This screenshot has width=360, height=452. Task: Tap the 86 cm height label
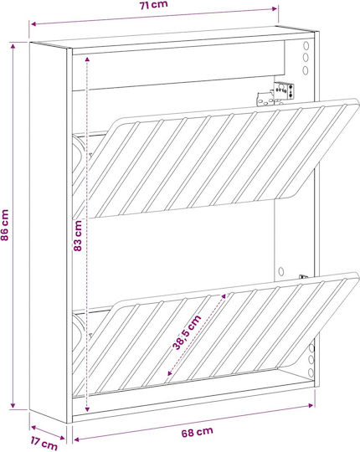pos(5,225)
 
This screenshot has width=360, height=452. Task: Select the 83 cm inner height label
pos(78,236)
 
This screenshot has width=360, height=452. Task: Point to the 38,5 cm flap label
pos(187,332)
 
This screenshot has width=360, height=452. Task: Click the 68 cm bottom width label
pos(198,432)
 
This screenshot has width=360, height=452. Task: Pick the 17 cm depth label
pos(44,443)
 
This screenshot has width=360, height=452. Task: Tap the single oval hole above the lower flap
pos(281,271)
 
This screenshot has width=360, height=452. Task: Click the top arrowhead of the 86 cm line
pos(13,46)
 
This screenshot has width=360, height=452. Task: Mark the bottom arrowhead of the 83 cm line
pos(87,409)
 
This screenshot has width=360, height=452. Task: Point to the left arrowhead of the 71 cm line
pos(33,24)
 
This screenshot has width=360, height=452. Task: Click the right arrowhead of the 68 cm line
pos(311,406)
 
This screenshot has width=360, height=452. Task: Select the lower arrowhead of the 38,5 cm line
pos(169,373)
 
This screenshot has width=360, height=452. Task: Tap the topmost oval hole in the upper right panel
pos(306,45)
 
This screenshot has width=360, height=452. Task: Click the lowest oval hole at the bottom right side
pos(311,372)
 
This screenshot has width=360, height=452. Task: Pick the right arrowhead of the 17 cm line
pos(62,438)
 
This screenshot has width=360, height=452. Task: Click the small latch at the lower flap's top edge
pos(303,277)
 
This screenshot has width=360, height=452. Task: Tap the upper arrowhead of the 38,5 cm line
pos(224,297)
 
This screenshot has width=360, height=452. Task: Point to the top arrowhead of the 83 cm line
pos(87,59)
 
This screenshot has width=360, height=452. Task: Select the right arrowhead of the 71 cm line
pos(274,9)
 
